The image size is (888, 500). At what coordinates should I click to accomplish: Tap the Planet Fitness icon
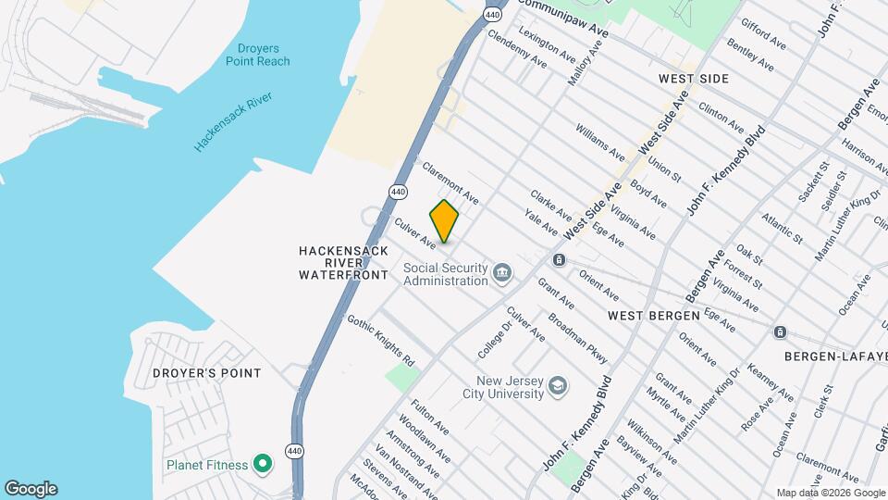263,463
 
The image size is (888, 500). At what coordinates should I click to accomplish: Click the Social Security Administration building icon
502,272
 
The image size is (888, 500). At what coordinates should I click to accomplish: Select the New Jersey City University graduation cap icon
557,385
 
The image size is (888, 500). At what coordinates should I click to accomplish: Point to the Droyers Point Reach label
257,54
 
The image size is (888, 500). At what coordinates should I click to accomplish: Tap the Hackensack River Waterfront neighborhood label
343,263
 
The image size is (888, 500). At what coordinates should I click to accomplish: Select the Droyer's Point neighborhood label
207,372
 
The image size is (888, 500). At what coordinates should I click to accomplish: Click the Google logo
31,489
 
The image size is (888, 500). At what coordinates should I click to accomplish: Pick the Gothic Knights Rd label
380,339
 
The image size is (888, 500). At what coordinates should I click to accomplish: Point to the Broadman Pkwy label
577,334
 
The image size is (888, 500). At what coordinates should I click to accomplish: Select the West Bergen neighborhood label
653,316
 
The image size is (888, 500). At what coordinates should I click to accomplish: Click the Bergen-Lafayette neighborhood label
835,356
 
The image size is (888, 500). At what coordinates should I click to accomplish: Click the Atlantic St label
782,228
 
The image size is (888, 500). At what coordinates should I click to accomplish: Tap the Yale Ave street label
540,222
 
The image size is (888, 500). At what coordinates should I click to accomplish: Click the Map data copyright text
830,493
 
